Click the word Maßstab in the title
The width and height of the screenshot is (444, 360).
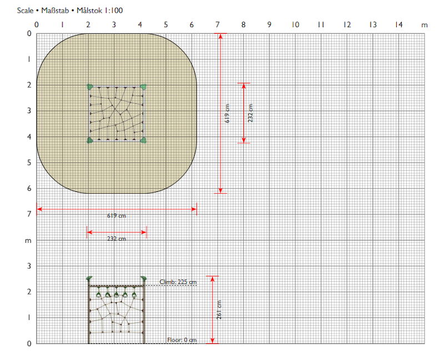[x=55, y=11]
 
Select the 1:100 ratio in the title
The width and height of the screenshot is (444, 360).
[x=113, y=11]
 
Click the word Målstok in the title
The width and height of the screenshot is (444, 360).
[x=89, y=11]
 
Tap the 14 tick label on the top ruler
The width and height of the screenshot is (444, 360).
[x=398, y=25]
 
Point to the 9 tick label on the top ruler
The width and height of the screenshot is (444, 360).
[x=269, y=25]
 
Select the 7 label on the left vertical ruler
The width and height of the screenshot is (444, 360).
[x=29, y=214]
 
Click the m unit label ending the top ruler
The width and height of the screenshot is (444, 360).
[x=424, y=25]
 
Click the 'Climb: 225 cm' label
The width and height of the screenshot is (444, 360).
[x=178, y=282]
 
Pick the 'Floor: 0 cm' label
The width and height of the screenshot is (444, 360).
[x=182, y=340]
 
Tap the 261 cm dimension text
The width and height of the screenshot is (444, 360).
[x=219, y=310]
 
